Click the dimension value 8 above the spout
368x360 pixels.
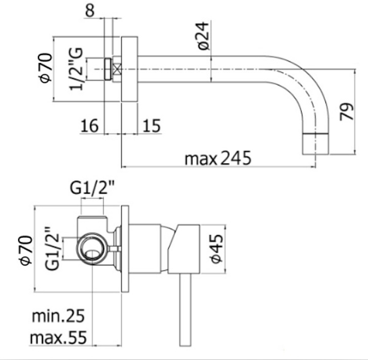[x=90, y=10]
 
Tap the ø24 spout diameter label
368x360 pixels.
[x=203, y=36]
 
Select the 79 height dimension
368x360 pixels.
[x=347, y=112]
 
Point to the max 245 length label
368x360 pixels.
[x=218, y=158]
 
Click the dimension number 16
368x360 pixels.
[x=89, y=126]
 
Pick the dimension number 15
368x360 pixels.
[x=152, y=126]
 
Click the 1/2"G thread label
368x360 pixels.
[x=76, y=69]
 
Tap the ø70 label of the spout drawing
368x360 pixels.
[x=46, y=68]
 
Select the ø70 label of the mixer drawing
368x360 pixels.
[x=26, y=250]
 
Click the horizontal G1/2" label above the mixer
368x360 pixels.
[x=92, y=188]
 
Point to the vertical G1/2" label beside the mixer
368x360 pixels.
[x=52, y=249]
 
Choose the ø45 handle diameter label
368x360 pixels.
[x=216, y=249]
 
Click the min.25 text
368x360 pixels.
[x=58, y=316]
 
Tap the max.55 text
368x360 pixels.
[x=59, y=337]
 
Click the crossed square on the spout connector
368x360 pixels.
[x=117, y=69]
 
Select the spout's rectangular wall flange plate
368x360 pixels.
[x=129, y=69]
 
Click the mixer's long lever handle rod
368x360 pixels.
[x=186, y=309]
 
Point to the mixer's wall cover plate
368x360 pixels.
[x=125, y=249]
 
